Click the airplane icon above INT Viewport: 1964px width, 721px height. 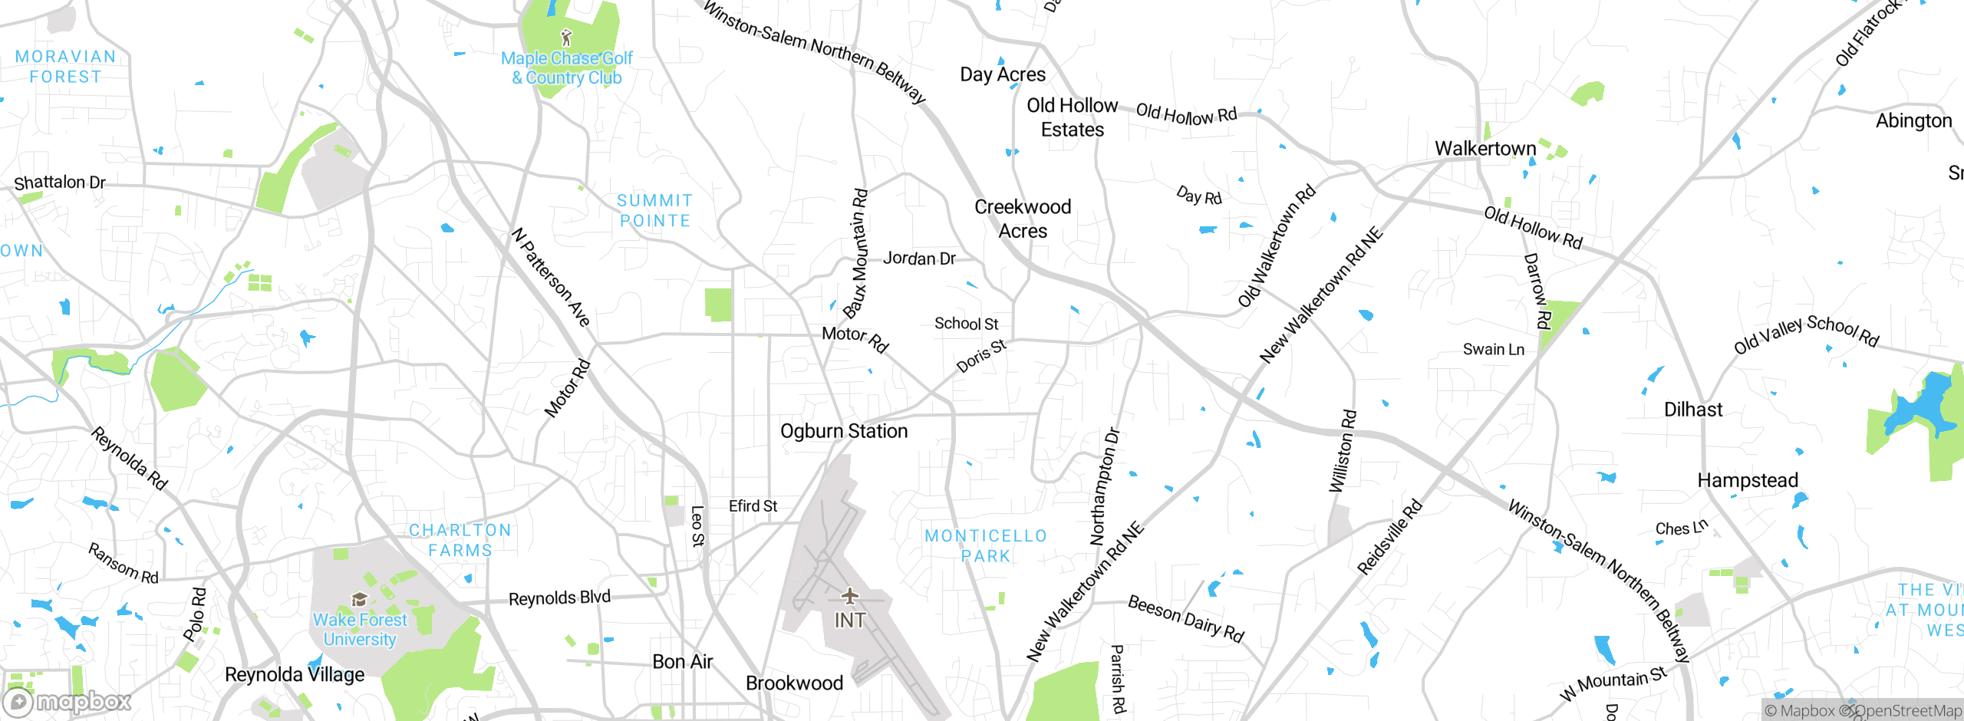[x=849, y=596]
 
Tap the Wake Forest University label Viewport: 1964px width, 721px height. [x=360, y=630]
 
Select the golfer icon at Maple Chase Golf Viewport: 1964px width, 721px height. [x=566, y=37]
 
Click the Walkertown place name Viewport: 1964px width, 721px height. [x=1485, y=149]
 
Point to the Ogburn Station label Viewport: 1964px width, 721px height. [x=844, y=431]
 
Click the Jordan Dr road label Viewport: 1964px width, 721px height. [x=919, y=258]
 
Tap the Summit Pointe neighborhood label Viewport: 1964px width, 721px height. [x=654, y=211]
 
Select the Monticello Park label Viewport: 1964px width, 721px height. [x=986, y=546]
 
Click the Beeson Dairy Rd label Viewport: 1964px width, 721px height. [x=1185, y=619]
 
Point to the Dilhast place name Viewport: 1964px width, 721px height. [x=1693, y=410]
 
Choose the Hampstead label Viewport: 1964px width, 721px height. [x=1748, y=481]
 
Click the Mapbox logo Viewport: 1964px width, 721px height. [x=68, y=702]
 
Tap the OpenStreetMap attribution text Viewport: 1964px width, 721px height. [x=1907, y=711]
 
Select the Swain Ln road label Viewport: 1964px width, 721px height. [x=1493, y=350]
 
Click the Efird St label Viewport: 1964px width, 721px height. [x=753, y=506]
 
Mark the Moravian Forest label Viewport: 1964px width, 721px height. [x=65, y=67]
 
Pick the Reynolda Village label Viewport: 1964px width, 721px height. [x=295, y=675]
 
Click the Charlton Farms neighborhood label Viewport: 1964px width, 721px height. [x=460, y=541]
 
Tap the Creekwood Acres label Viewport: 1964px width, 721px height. [x=1023, y=219]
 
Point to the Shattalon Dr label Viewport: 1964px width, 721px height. [x=60, y=183]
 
